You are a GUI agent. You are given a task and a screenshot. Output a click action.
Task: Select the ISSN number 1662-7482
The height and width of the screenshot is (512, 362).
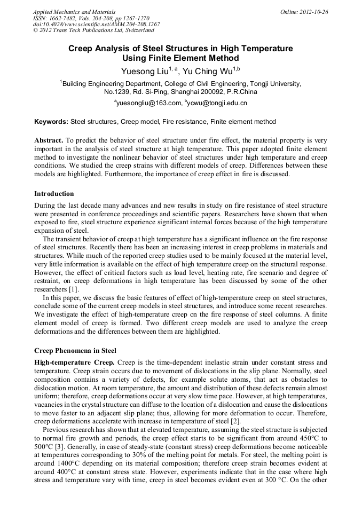(x=64, y=18)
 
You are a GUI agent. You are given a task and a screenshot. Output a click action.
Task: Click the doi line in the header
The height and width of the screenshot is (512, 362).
(x=96, y=25)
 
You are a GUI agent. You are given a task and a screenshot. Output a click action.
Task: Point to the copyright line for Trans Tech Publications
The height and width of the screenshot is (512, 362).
(x=93, y=31)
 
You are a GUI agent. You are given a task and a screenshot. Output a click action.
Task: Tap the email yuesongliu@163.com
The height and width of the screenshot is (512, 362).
(x=148, y=103)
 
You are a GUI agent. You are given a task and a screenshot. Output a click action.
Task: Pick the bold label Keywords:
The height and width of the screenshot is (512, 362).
(x=51, y=122)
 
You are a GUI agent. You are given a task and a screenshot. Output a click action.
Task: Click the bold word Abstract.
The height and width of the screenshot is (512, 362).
(x=49, y=140)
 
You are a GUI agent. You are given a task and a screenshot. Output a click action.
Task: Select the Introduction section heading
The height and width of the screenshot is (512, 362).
(x=54, y=193)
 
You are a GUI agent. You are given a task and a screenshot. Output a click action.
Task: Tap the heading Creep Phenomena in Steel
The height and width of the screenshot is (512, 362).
(x=75, y=351)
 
